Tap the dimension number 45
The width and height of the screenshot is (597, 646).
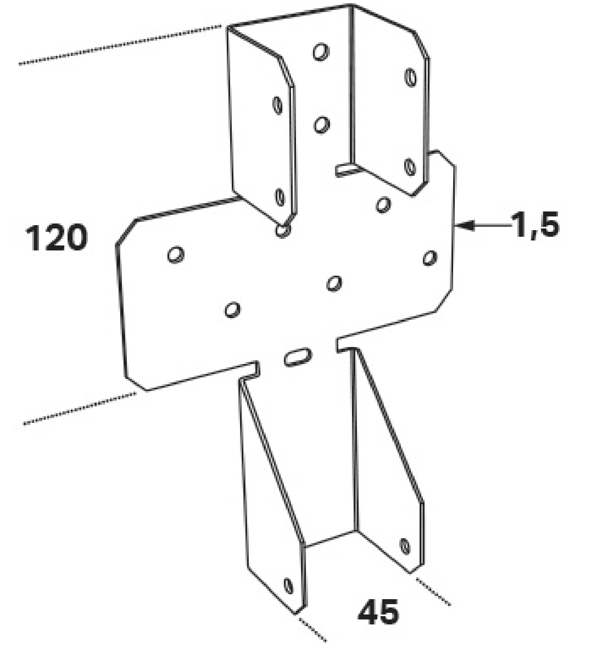(x=378, y=612)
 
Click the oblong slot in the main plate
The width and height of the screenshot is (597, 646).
(x=297, y=357)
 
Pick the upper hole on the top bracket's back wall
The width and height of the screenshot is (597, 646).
(x=321, y=52)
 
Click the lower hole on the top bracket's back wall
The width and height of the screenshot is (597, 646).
(x=321, y=124)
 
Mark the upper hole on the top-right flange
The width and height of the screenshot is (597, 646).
(x=410, y=78)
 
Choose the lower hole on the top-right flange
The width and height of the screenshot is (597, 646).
(x=410, y=167)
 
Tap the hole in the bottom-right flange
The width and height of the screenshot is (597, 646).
(x=405, y=546)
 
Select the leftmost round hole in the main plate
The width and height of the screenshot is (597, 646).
(x=176, y=255)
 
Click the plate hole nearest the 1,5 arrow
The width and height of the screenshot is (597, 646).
(x=430, y=257)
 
